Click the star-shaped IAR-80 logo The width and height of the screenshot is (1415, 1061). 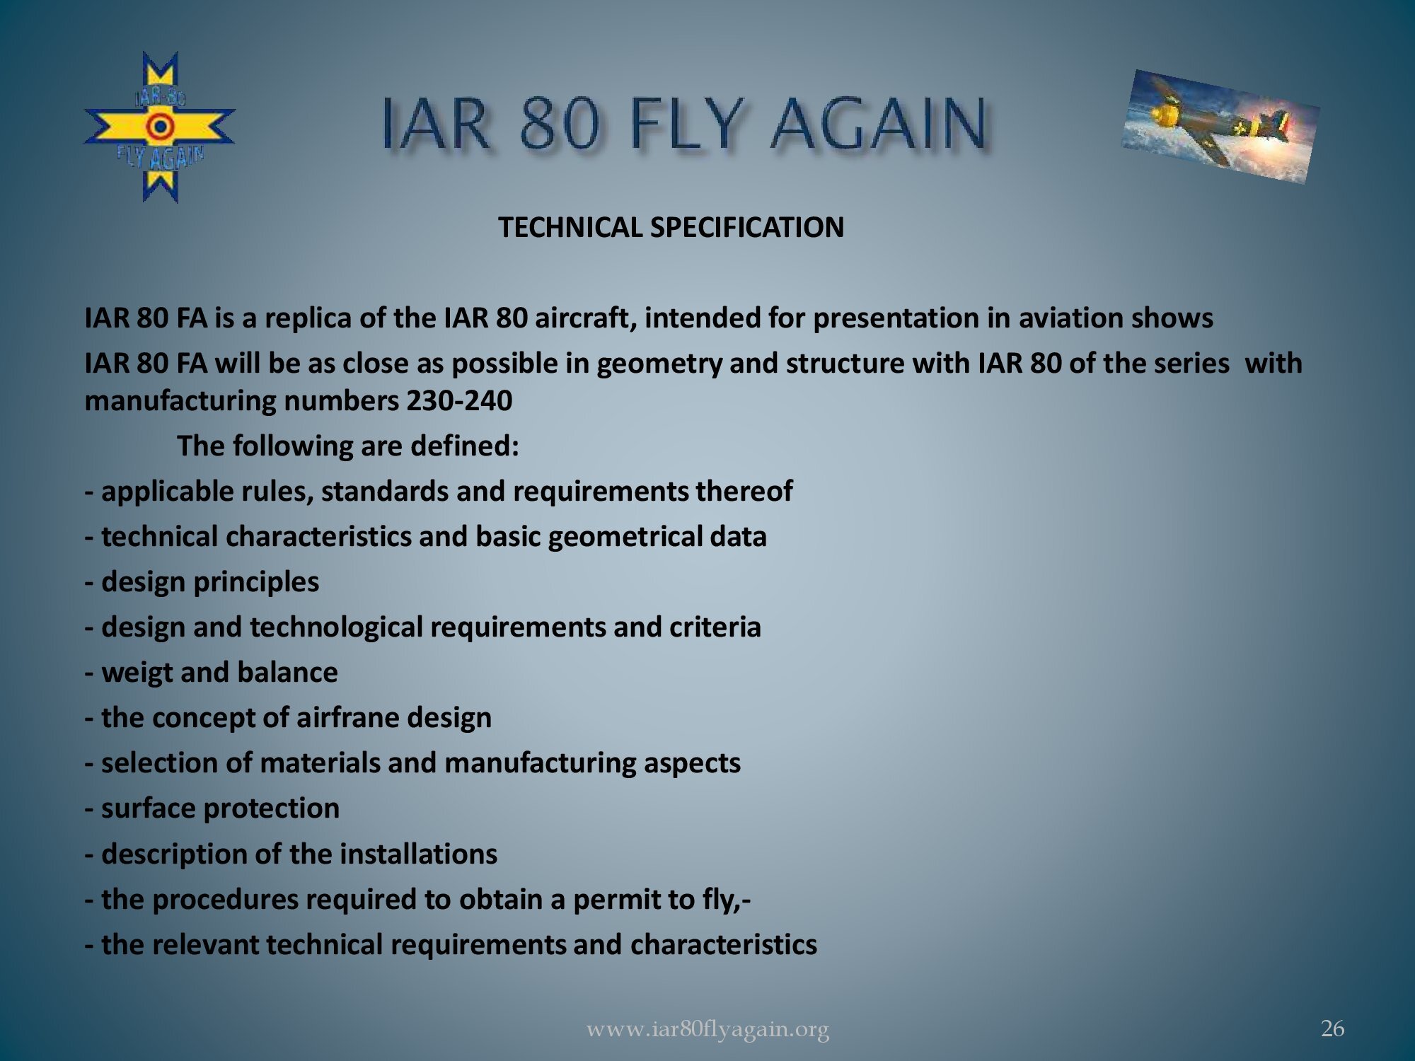click(x=160, y=127)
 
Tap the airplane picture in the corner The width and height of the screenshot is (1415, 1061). click(x=1220, y=127)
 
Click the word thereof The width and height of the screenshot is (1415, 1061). click(x=744, y=491)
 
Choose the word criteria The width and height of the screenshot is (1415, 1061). click(x=715, y=627)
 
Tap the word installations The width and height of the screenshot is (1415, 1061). click(x=419, y=854)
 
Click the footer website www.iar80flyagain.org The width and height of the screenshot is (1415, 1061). click(x=707, y=1030)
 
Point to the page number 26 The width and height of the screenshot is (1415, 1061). click(x=1333, y=1028)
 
